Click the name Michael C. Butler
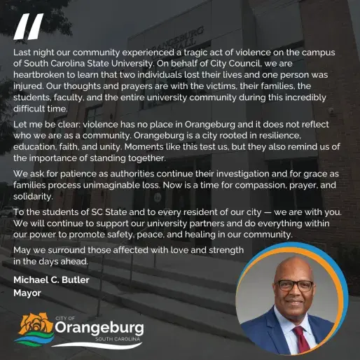[52, 280]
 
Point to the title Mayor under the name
[27, 292]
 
